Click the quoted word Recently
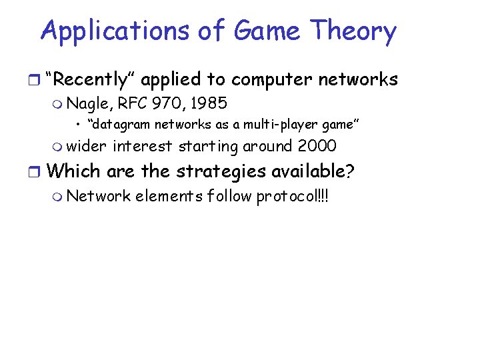(92, 80)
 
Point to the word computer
(273, 80)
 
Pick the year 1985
(208, 103)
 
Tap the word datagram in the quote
(117, 125)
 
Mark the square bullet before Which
(39, 172)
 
